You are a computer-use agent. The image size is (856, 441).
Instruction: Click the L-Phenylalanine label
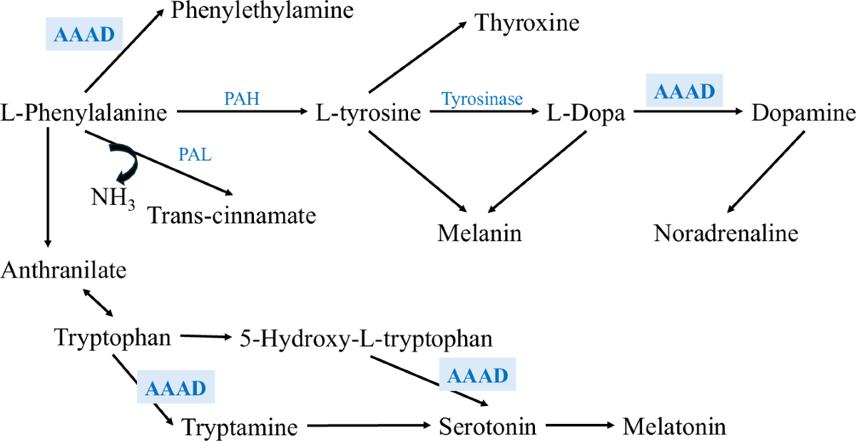point(84,112)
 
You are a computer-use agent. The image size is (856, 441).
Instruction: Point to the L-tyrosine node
point(368,113)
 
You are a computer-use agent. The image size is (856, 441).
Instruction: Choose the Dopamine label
point(802,113)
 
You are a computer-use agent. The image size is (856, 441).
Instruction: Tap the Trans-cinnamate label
point(231,214)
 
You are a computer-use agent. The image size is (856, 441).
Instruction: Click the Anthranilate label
point(63,270)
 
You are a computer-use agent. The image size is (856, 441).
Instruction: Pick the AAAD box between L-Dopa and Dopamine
point(684,91)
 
